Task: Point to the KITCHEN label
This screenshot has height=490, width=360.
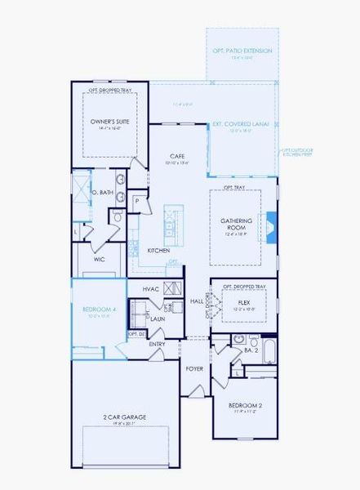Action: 158,250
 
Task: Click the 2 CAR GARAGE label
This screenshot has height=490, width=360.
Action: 124,417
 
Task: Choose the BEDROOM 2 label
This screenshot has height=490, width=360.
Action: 245,405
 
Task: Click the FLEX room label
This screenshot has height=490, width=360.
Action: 243,302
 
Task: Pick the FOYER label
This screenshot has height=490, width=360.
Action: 194,369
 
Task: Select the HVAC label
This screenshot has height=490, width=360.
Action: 150,289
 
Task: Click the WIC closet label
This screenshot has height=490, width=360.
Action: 99,259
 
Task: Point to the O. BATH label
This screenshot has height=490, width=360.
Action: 101,193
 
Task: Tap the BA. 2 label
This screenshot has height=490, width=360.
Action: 251,350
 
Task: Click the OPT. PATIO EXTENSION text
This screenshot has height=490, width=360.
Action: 242,51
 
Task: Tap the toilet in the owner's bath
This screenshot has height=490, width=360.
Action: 117,216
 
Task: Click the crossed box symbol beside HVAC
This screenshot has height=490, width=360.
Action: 171,288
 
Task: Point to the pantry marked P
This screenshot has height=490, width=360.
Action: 136,200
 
